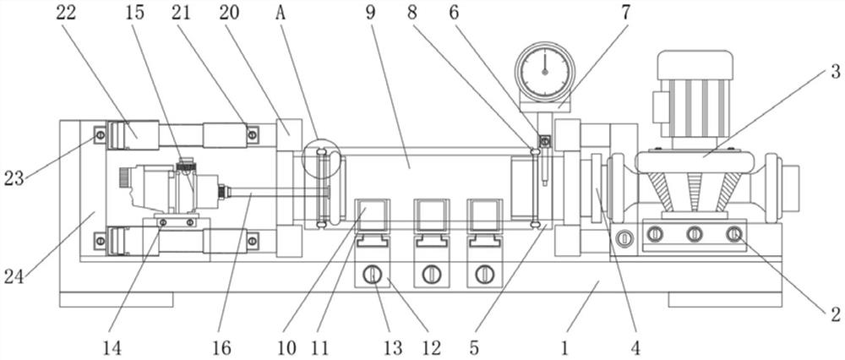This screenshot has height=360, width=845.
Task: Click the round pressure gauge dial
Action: [x=545, y=72]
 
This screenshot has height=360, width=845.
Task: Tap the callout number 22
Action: [x=67, y=13]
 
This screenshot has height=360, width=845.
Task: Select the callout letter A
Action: [x=281, y=13]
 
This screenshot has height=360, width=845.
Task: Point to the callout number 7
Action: [x=625, y=13]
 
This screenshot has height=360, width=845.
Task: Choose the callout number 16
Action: [x=222, y=347]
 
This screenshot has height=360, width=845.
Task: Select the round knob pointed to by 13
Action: [x=371, y=275]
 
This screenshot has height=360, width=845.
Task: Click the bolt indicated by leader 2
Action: [x=733, y=234]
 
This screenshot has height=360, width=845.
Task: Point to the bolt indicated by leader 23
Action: [x=100, y=134]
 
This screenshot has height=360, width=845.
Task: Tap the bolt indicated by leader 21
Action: [x=252, y=134]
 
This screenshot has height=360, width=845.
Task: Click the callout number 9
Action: [x=370, y=13]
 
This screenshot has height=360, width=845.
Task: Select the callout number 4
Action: [x=637, y=347]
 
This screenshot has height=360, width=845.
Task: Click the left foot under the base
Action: [x=117, y=300]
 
